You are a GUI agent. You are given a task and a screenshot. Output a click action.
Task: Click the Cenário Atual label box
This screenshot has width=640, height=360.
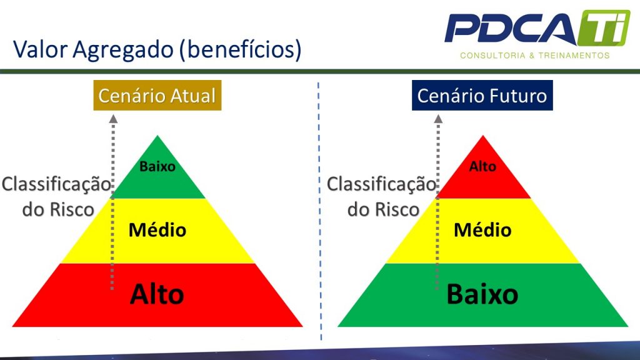coord(157,95)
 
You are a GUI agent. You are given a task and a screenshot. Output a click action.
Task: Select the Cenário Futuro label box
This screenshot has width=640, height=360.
coord(482,95)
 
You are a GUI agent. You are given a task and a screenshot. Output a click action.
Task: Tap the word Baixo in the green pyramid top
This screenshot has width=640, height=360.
coord(157,166)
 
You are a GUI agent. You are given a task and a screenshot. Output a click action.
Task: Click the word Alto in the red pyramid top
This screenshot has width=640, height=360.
coord(483,166)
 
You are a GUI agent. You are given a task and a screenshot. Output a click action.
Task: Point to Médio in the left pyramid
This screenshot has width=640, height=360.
coord(157,230)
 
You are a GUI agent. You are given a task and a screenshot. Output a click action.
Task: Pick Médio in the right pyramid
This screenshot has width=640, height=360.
coord(483,230)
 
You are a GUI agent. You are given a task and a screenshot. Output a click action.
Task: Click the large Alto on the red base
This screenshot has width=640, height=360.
coord(157,294)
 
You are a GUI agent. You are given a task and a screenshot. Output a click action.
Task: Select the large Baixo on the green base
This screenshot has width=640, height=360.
coord(482,294)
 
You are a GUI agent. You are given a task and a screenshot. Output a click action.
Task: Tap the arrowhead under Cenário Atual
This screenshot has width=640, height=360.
coord(113,119)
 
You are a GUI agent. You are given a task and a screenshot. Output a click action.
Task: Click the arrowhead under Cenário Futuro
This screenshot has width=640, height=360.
coord(438,119)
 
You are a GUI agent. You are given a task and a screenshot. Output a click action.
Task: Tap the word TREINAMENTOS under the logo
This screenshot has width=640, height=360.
coord(574,56)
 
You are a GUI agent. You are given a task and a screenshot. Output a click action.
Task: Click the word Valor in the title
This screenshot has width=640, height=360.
coord(41,49)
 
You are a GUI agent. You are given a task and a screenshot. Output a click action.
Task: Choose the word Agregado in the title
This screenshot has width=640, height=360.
coord(124,50)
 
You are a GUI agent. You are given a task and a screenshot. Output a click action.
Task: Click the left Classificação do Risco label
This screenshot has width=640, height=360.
coord(56,196)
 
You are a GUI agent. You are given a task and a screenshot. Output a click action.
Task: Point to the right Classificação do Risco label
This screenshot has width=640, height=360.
coord(381,196)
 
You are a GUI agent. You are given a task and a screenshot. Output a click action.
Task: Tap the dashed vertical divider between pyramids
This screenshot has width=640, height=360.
coord(319,211)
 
